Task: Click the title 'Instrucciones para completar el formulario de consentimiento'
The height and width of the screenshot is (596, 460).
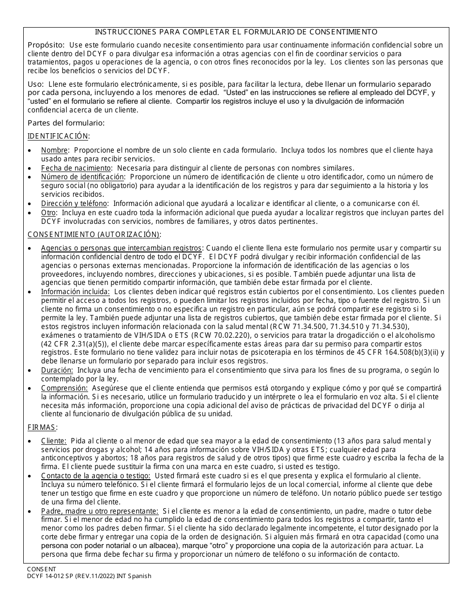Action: (236, 32)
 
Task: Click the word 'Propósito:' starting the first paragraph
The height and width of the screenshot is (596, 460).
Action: (46, 45)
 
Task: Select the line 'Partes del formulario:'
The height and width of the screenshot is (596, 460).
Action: (66, 123)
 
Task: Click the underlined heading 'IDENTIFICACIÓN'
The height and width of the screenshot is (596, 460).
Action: (58, 136)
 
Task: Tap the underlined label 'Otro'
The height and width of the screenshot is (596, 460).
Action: (48, 212)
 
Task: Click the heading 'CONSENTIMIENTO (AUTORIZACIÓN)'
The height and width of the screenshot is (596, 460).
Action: (93, 235)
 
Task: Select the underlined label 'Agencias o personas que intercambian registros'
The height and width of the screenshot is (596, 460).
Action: (120, 248)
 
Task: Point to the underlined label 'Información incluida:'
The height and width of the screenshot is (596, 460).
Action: (75, 292)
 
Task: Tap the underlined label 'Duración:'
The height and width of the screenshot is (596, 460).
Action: (57, 370)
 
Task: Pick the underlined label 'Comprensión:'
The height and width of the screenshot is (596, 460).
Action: (64, 388)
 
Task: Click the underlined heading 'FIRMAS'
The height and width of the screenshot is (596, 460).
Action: (42, 427)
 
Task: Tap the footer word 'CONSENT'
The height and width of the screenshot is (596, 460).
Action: (41, 569)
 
